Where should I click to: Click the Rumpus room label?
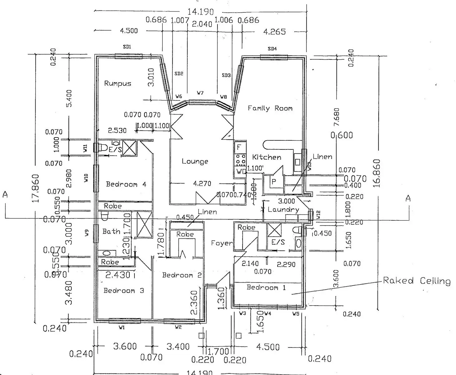(118, 83)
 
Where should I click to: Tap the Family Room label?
(270, 108)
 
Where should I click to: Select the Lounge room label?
(195, 162)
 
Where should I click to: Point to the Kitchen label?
(267, 157)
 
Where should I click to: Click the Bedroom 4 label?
(126, 184)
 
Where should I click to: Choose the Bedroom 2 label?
(182, 275)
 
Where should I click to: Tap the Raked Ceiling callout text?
(417, 281)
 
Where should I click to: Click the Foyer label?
(222, 243)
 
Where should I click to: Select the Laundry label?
(283, 209)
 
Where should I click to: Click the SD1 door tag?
(127, 47)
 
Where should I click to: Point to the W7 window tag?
(200, 93)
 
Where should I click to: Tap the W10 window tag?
(86, 178)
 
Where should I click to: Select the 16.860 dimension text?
(377, 173)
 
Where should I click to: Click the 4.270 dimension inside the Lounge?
(202, 184)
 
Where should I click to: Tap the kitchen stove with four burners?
(240, 160)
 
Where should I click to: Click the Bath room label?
(111, 232)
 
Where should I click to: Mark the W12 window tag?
(318, 215)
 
